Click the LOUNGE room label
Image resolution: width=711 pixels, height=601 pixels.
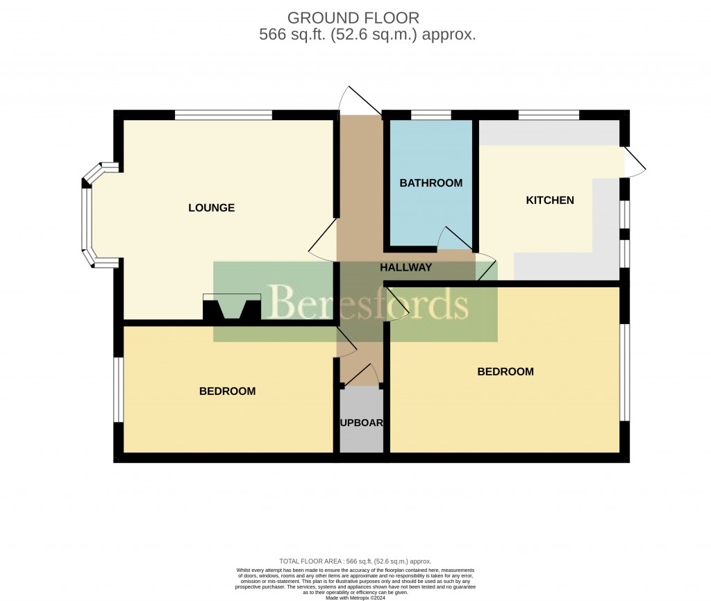coord(212,208)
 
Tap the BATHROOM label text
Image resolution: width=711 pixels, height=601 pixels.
coord(430,183)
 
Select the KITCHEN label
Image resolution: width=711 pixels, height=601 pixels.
coord(550,201)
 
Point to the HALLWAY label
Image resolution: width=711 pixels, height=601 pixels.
coord(406,267)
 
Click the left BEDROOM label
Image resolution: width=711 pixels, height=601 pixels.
coord(227,391)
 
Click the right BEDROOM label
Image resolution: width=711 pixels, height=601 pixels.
coord(505,371)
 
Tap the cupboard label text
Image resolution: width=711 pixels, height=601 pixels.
coord(361,423)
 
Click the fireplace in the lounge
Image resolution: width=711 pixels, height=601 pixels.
coord(232,308)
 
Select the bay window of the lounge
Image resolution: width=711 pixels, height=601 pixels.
coord(89,215)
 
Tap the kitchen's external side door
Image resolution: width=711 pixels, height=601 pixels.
coord(635,160)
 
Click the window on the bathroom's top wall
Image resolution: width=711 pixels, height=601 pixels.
coord(430,115)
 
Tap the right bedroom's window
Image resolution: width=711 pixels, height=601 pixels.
coord(625,372)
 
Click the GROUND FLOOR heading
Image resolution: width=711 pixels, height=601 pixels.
coord(353,17)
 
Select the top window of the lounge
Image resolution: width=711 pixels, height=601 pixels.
coord(223,115)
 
